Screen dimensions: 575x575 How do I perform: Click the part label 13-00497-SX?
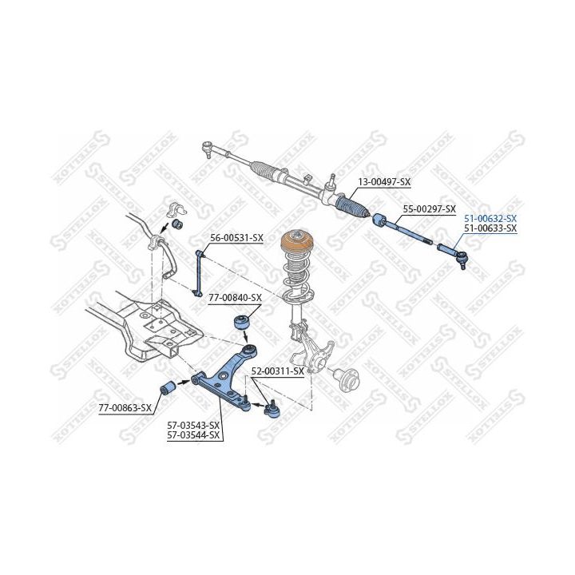click(383, 182)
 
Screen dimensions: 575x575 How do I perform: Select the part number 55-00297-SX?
click(429, 209)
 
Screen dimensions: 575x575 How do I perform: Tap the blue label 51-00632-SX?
click(490, 218)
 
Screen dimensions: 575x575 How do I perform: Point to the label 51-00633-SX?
click(490, 228)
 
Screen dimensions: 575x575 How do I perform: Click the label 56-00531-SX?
click(236, 238)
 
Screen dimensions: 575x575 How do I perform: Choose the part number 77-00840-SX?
click(235, 298)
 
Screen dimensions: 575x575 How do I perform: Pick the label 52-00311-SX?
click(277, 371)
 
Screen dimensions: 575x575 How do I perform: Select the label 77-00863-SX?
click(125, 407)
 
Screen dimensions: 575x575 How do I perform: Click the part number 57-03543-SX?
click(192, 425)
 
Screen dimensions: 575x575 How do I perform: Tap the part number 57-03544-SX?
click(192, 434)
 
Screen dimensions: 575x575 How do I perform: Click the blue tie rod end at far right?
click(451, 255)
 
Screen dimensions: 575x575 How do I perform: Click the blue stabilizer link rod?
click(200, 274)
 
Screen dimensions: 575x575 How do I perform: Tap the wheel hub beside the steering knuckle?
click(348, 375)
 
